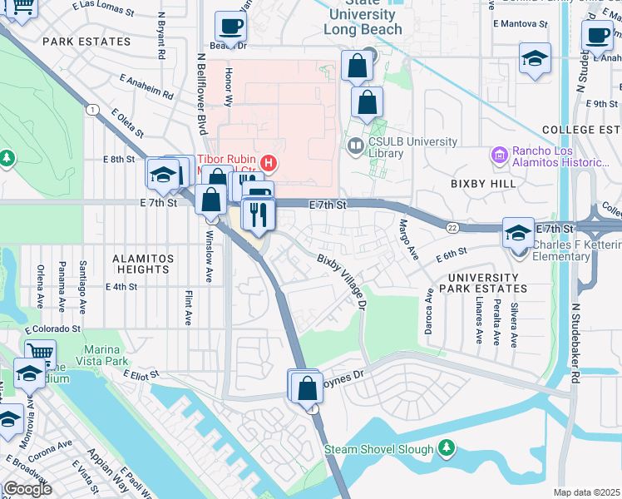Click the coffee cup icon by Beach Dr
pos(230,25)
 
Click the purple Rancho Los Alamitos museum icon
pos(499,155)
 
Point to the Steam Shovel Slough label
pos(378,449)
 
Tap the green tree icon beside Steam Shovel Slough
pos(447,449)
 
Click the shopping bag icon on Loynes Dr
pos(307,388)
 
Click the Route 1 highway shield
pos(91,110)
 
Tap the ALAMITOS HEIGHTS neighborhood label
pos(132,264)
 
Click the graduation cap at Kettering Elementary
pos(518,234)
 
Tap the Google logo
pos(27,489)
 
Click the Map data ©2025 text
pos(586,492)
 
